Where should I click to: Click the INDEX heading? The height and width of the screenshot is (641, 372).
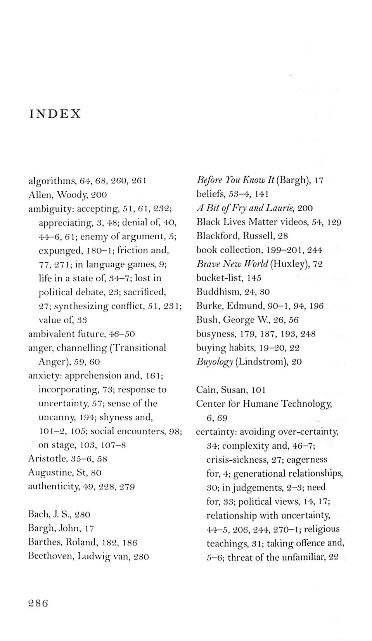pos(55,114)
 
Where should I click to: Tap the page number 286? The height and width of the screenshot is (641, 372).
pos(38,603)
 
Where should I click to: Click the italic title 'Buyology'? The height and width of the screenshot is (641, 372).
pos(215,362)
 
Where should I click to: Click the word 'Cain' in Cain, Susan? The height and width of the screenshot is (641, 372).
pos(206,390)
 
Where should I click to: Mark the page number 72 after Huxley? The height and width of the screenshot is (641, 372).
pos(318,264)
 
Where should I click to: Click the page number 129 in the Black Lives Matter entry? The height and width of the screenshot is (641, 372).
pos(334,222)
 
